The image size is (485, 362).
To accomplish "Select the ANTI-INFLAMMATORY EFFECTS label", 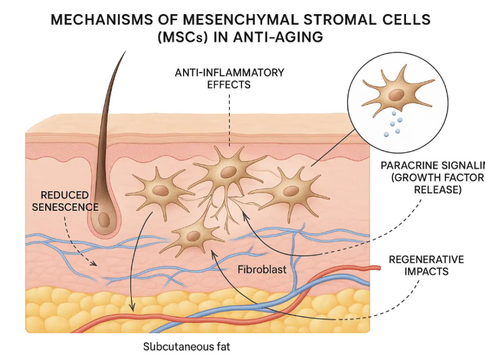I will pos(229,79).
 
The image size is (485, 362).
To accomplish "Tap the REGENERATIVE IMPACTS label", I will pos(426,265).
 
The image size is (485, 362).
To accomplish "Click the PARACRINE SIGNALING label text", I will pos(431,177).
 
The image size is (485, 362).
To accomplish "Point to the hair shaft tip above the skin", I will pos(124,52).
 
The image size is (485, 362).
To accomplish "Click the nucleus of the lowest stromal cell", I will pos(193,236).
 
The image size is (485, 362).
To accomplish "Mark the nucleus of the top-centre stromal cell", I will pos(229,172).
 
